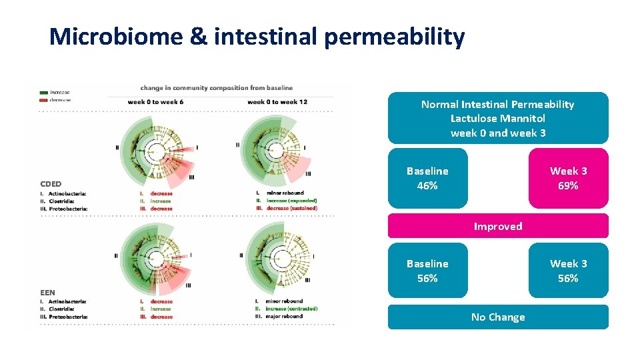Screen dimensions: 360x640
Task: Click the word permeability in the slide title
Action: coord(394,38)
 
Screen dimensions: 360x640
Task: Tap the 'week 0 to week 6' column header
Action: coord(155,101)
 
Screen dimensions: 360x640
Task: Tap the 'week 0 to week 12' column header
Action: coord(277,101)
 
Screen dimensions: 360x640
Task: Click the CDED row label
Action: coord(51,184)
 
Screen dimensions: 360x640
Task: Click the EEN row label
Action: coord(47,293)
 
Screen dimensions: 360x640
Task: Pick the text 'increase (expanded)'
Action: coord(291,201)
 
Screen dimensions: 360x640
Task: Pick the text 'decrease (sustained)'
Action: coord(291,208)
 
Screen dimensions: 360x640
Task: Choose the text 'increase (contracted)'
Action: coord(291,309)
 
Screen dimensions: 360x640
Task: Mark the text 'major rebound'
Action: coord(284,316)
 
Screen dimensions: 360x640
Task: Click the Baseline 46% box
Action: coord(427,178)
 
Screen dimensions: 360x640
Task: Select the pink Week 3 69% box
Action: coord(568,178)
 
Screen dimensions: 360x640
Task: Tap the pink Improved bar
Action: coord(498,226)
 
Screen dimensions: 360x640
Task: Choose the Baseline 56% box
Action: coord(427,271)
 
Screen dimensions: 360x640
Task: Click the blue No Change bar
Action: coord(498,317)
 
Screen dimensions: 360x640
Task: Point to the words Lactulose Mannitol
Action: coord(497,119)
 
